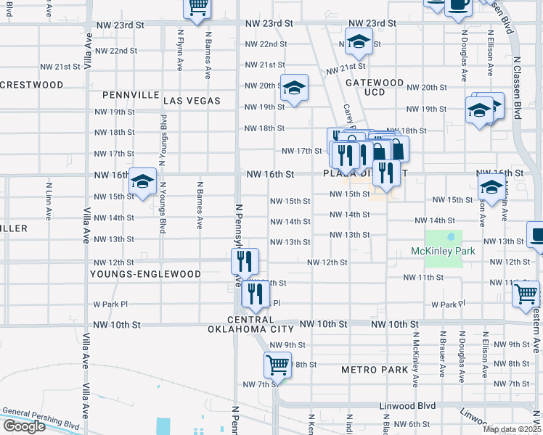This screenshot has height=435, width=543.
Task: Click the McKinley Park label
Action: point(442,252)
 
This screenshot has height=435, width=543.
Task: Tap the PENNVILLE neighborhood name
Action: point(131,95)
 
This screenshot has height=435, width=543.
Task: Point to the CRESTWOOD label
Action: point(32,85)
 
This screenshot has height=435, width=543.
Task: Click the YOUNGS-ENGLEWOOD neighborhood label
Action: point(145,274)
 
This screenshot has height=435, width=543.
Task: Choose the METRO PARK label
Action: point(375,370)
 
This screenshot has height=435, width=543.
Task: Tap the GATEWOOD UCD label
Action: point(375,88)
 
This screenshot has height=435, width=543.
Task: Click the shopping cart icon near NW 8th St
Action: point(277,365)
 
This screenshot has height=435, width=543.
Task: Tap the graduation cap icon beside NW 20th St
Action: point(294,88)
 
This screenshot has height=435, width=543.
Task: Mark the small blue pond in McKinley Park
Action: point(452,236)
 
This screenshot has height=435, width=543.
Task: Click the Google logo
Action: point(24,426)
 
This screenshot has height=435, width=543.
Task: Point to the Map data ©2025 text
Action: point(512,429)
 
